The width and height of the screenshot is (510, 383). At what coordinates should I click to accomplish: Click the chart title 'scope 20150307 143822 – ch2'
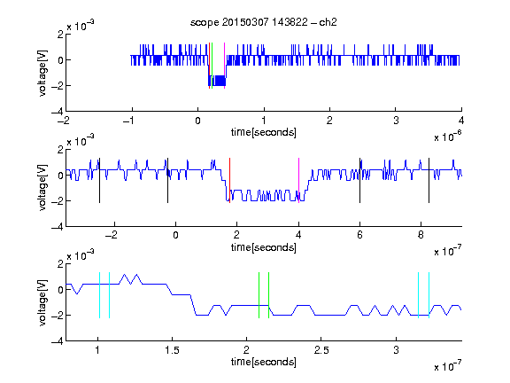(264, 22)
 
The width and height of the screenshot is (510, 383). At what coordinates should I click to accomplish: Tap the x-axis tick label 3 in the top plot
(396, 121)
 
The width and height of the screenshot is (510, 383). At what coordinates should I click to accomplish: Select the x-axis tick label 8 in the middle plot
(421, 235)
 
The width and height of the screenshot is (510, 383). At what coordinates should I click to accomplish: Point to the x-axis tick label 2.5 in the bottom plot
(321, 350)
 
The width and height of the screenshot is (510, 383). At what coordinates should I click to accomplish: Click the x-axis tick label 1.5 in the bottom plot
(172, 350)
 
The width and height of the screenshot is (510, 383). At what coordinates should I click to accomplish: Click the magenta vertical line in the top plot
(224, 66)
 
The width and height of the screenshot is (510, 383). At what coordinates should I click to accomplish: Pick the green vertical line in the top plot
(212, 66)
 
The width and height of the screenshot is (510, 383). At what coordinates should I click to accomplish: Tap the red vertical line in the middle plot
(229, 181)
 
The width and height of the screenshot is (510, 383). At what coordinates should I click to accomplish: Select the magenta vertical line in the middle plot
(299, 181)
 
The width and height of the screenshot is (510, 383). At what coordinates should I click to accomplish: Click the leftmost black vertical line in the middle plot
(99, 181)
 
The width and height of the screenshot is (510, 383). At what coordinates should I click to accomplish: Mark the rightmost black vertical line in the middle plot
(429, 181)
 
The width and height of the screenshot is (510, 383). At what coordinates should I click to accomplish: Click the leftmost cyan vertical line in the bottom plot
(99, 295)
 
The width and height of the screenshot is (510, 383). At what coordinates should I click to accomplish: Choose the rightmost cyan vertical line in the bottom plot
(429, 295)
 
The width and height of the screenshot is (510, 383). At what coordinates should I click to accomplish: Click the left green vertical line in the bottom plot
(259, 295)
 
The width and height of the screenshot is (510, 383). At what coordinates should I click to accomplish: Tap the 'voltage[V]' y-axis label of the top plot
(42, 73)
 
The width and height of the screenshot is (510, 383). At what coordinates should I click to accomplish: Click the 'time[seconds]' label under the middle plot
(264, 247)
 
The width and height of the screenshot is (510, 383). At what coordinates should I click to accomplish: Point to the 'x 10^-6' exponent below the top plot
(448, 136)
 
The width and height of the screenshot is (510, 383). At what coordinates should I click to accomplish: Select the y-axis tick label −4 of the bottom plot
(58, 341)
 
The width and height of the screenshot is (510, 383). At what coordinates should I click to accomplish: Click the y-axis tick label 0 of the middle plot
(60, 176)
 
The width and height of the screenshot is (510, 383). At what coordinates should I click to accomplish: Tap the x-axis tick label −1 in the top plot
(128, 121)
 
